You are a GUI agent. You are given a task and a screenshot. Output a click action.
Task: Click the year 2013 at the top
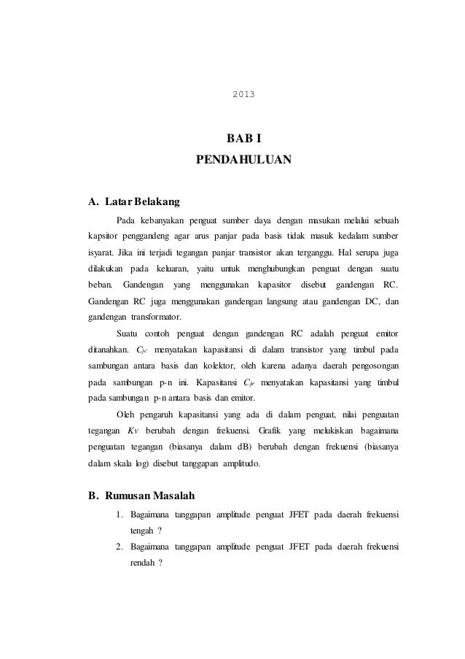coord(243,94)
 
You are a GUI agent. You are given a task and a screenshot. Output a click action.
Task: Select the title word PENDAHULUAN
coord(243,158)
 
